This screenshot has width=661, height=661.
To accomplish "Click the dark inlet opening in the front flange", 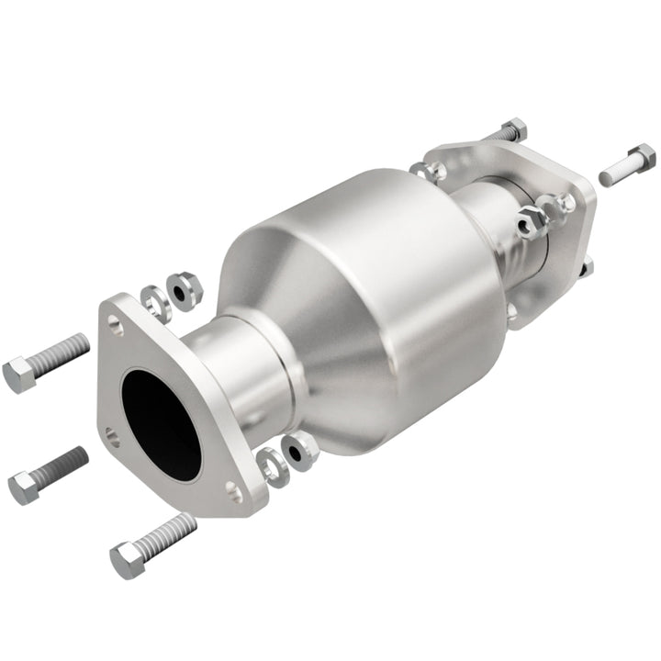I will tap(162, 423).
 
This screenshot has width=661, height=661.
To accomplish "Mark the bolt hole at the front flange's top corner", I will tap(115, 322).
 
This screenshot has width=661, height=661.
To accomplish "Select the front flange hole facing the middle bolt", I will tap(111, 435).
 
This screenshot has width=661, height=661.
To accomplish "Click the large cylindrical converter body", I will tap(367, 303).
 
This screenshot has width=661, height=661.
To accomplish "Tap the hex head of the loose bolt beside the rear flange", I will tap(640, 157).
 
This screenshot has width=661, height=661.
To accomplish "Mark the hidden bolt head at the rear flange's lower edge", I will tap(586, 268).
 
